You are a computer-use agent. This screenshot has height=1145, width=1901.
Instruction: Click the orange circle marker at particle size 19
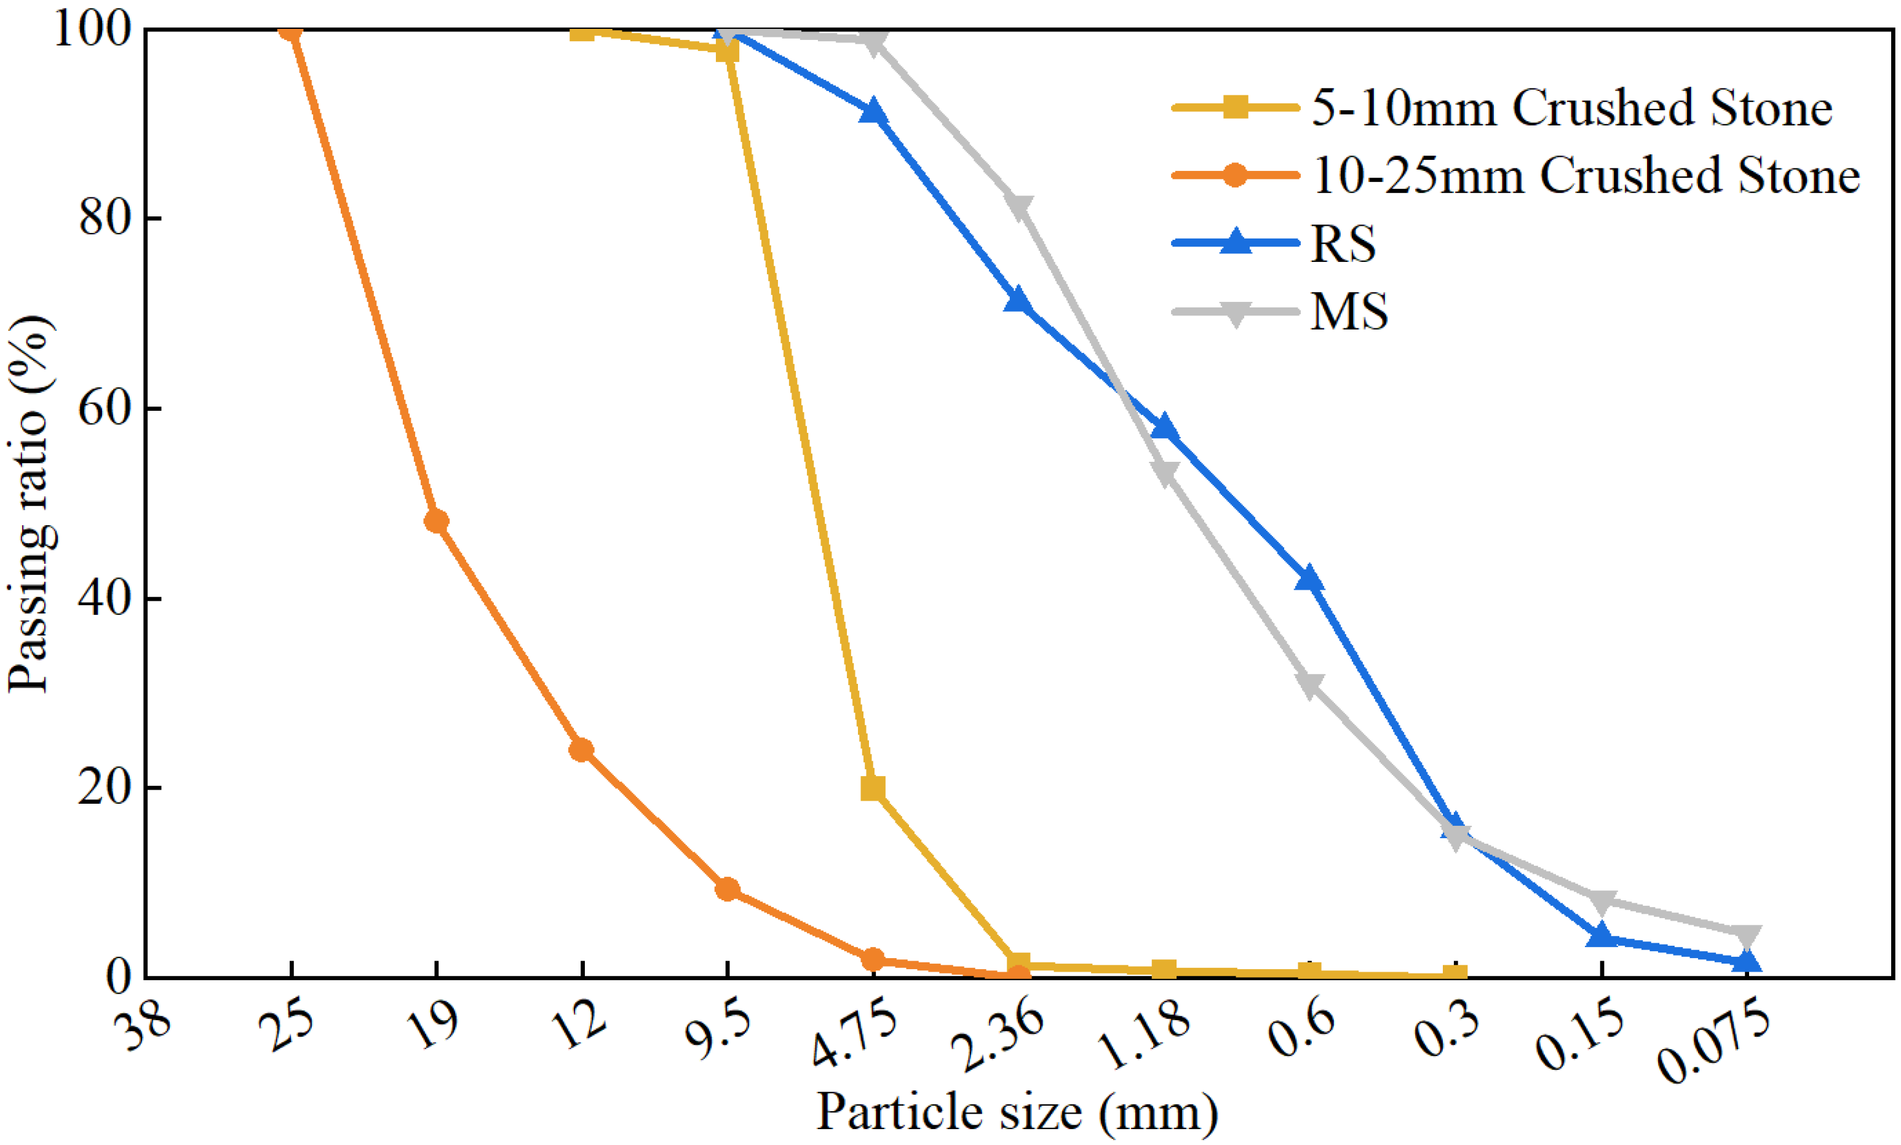pos(437,521)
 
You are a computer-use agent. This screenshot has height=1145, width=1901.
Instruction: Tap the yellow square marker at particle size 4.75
pos(873,788)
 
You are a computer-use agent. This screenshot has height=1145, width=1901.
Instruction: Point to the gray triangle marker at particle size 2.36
pos(1018,207)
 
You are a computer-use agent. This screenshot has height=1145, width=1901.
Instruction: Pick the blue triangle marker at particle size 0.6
pos(1309,579)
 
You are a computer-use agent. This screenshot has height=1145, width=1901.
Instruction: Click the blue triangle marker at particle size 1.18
pos(1164,428)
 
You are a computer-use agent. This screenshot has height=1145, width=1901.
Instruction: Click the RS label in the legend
pos(1343,244)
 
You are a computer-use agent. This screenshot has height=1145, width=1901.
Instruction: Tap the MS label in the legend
pos(1349,312)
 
